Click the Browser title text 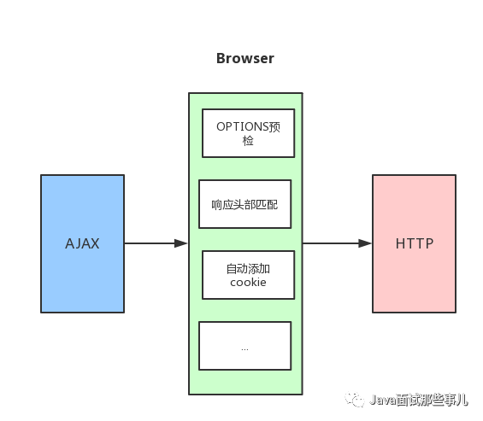245,58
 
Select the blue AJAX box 83,243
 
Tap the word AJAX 82,243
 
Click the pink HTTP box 415,243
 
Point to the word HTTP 415,243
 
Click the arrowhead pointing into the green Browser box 181,243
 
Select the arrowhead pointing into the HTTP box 365,243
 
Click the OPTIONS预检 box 248,133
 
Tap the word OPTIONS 243,126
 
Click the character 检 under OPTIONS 248,141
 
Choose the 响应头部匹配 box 245,204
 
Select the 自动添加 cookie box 248,275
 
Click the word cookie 248,282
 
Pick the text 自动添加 248,269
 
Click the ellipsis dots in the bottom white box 244,349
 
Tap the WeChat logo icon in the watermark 355,400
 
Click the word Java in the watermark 382,400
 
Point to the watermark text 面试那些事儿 432,400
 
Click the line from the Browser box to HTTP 338,243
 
